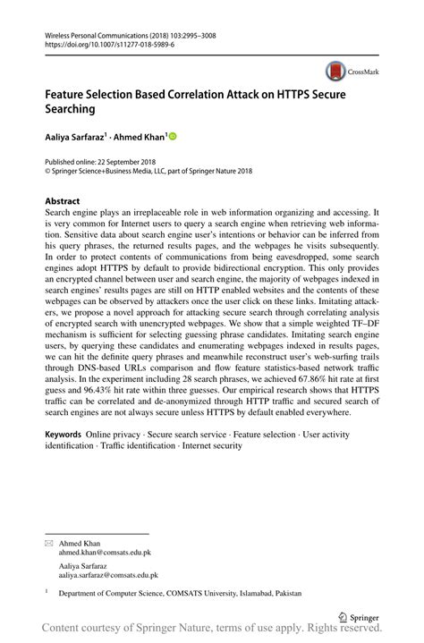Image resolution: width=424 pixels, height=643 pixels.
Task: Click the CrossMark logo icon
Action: pyautogui.click(x=336, y=70)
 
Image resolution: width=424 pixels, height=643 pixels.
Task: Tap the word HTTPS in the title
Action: pyautogui.click(x=281, y=92)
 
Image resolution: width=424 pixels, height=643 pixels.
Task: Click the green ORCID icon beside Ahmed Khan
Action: pyautogui.click(x=173, y=136)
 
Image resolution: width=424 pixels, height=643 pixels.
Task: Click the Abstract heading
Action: pyautogui.click(x=62, y=201)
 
